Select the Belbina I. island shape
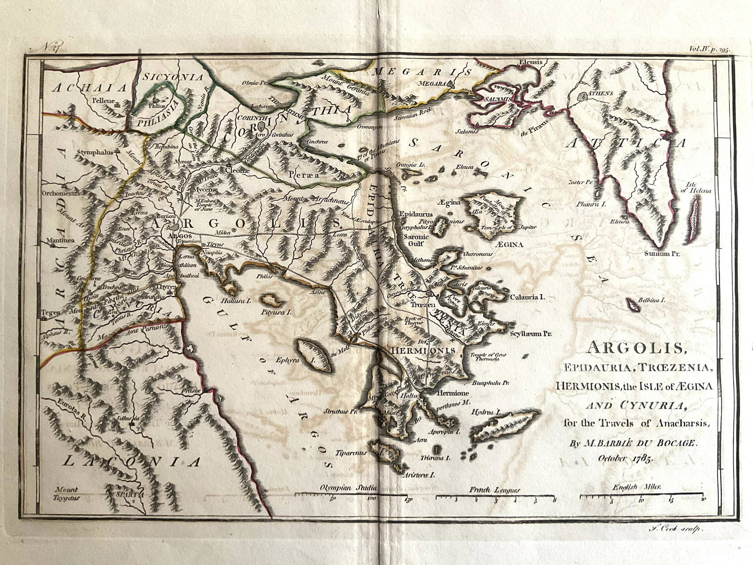(634, 306)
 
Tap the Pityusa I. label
(277, 312)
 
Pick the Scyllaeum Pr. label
(530, 335)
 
